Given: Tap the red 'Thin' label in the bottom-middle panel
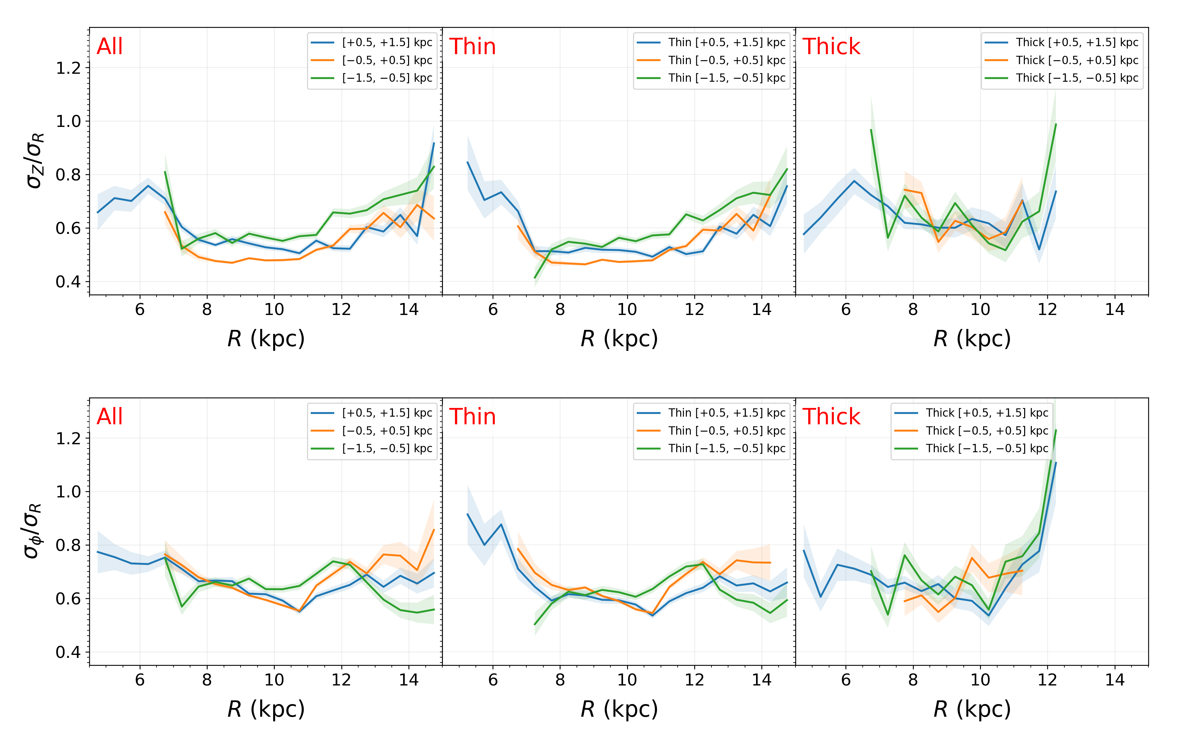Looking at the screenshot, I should (x=473, y=417).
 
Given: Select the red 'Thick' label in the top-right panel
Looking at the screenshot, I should (x=831, y=47).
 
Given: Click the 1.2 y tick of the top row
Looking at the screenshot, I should (x=68, y=68).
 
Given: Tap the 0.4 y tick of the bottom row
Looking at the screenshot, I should (x=68, y=652).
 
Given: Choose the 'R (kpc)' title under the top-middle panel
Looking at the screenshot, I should (x=619, y=339).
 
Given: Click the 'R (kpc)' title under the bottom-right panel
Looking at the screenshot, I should (x=972, y=709).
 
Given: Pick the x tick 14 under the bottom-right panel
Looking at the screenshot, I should (x=1115, y=680).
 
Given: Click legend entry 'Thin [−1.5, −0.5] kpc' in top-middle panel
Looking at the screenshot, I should (x=726, y=78).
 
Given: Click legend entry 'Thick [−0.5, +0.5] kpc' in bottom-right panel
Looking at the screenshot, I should (x=987, y=431).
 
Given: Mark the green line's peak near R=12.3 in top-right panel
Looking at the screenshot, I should (x=1056, y=124).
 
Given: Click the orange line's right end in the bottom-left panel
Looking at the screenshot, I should (x=434, y=530).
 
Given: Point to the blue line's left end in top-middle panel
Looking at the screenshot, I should (x=468, y=162).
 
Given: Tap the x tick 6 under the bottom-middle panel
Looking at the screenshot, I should (x=493, y=680).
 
